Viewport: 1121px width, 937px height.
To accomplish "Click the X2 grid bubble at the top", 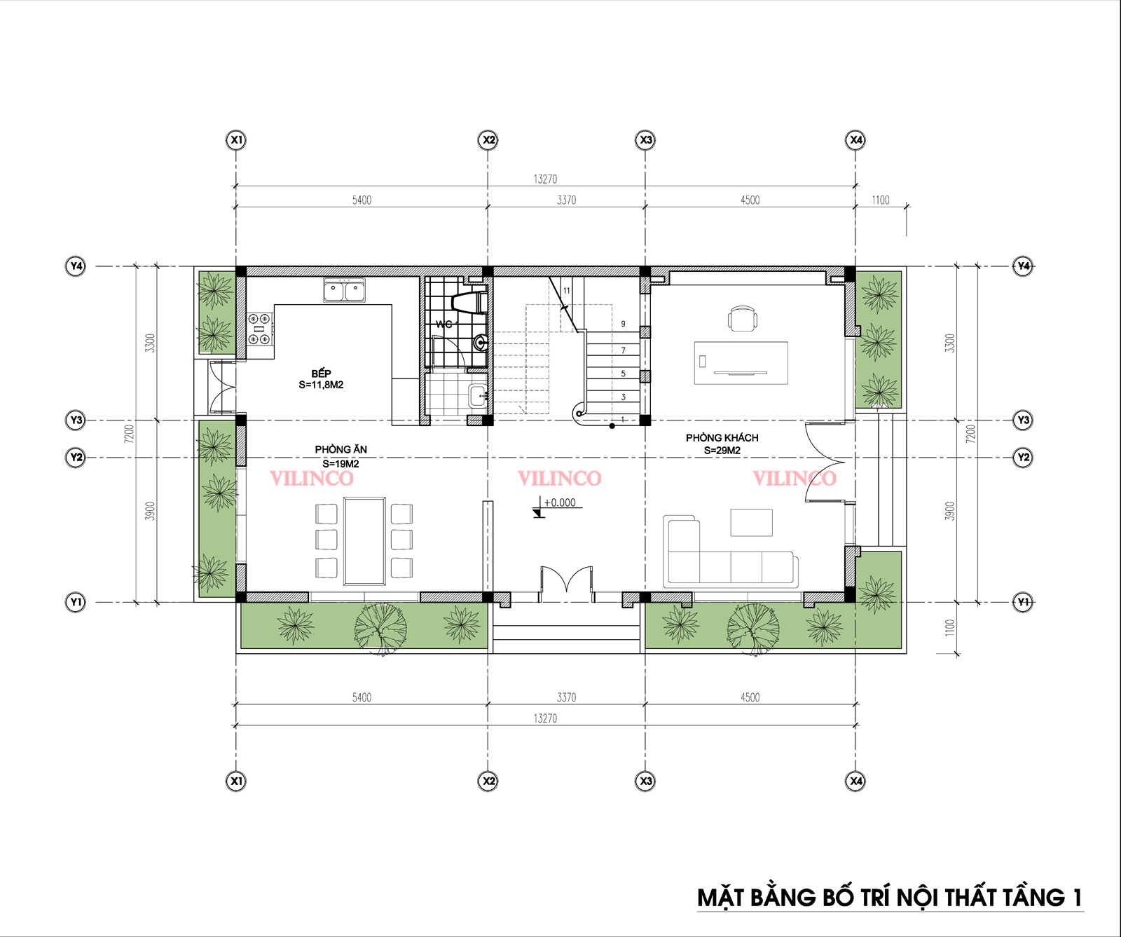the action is click(x=488, y=140).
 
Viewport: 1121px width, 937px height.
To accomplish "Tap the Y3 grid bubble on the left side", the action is click(x=76, y=420).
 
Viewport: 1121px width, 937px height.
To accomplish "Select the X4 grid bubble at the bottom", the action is click(x=855, y=781).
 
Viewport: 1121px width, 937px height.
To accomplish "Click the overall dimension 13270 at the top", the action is click(x=545, y=179).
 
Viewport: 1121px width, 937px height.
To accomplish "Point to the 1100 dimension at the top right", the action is click(x=881, y=200).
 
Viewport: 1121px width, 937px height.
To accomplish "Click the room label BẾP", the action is click(x=322, y=373).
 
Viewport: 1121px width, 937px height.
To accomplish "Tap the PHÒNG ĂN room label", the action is click(x=341, y=449).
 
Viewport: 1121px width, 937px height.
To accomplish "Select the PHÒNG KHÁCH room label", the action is click(x=722, y=437).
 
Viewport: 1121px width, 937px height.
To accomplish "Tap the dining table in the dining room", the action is click(x=364, y=540).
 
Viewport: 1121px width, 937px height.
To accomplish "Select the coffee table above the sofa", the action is click(x=751, y=522).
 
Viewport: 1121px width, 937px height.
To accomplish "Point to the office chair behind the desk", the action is click(x=743, y=318).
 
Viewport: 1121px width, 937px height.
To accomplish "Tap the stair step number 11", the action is click(x=566, y=290).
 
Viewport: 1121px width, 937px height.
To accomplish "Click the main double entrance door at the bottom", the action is click(x=566, y=584).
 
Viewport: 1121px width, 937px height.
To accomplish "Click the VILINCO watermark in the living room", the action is click(x=794, y=478).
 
